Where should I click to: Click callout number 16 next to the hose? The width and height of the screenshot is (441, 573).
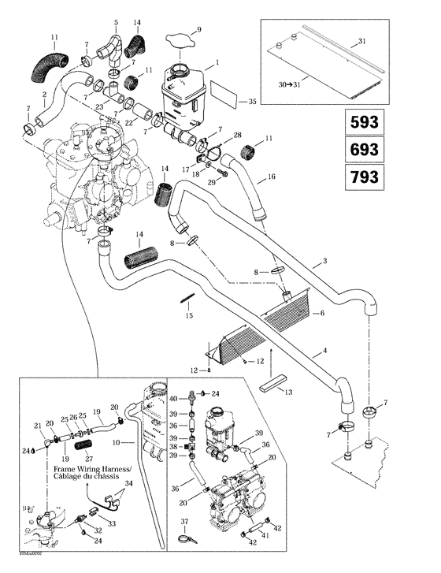271,178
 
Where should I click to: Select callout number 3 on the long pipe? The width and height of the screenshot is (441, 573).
325,262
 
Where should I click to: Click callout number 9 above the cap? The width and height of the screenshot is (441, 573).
198,29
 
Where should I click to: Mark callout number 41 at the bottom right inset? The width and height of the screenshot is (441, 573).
265,535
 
